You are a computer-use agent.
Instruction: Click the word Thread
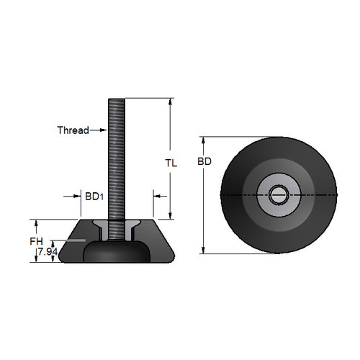point(72,130)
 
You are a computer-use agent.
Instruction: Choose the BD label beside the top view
point(204,163)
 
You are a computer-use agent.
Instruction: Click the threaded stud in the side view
point(117,158)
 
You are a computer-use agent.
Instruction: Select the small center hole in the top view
point(278,194)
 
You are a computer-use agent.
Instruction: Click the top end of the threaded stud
point(117,100)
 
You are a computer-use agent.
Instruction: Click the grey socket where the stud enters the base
point(117,229)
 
